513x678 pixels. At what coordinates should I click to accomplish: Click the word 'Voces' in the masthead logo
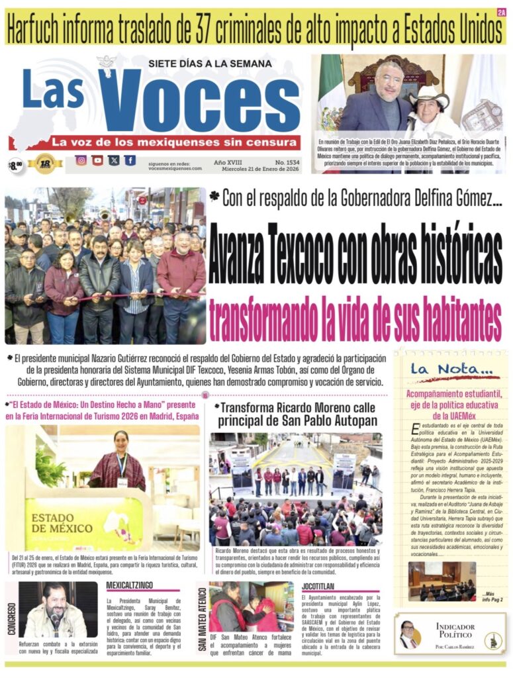pos(199,99)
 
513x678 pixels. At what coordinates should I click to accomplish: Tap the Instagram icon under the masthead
pos(81,160)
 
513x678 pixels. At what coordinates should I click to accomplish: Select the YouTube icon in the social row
pos(97,160)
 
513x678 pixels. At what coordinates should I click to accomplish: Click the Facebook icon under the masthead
pos(130,160)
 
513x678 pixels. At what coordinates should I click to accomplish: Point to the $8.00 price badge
pos(15,165)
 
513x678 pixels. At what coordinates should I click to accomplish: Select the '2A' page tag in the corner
pos(500,11)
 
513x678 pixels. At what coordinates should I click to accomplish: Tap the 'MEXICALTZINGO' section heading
pos(132,585)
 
